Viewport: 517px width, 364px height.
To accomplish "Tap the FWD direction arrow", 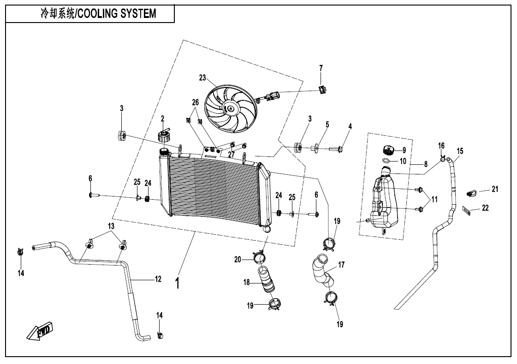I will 39,331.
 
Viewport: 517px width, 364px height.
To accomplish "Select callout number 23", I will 202,78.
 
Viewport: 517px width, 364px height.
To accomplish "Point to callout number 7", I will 321,68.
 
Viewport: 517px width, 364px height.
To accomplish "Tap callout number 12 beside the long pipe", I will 158,278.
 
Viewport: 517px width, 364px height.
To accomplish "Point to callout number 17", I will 342,265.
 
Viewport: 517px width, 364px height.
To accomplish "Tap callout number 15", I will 460,151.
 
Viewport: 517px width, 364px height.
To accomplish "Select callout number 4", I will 350,126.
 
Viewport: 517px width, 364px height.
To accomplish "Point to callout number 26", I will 195,102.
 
